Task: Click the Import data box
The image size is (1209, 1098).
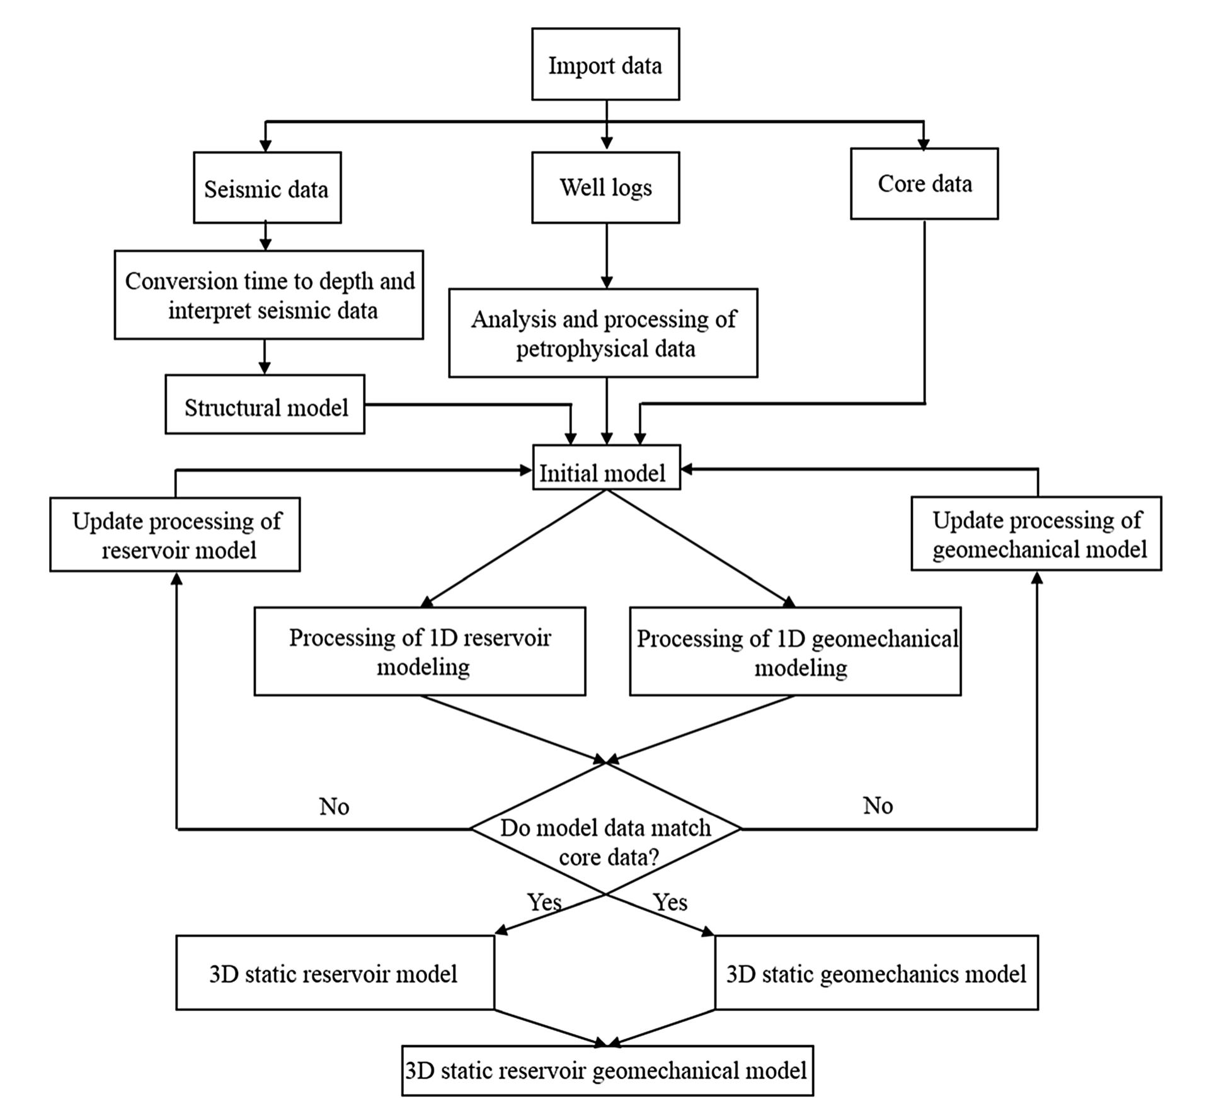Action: tap(605, 64)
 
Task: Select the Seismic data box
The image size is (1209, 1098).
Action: tap(267, 188)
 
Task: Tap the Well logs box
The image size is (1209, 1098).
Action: tap(605, 188)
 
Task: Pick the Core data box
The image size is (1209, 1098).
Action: tap(924, 184)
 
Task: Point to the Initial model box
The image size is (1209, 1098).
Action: tap(606, 468)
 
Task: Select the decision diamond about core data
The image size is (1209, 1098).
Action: tap(605, 829)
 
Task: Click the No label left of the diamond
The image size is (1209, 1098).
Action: tap(334, 806)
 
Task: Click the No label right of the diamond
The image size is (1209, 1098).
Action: tap(878, 805)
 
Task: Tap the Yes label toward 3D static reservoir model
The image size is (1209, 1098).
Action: tap(544, 902)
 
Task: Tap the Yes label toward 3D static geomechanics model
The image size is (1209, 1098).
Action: tap(670, 902)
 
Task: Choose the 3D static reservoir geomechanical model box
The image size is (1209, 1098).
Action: tap(607, 1071)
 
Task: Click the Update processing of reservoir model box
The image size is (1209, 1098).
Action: tap(175, 535)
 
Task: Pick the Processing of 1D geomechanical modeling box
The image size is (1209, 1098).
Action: tap(795, 651)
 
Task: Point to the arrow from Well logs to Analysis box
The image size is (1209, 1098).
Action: tap(606, 255)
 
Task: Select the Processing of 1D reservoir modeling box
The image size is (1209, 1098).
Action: tap(420, 651)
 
